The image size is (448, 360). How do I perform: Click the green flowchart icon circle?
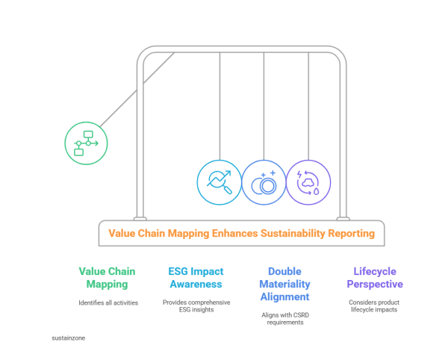(86, 142)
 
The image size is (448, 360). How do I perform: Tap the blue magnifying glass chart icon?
(219, 182)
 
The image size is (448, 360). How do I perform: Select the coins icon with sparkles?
(264, 182)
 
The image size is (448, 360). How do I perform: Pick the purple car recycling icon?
(308, 182)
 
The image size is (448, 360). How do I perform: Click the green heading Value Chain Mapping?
(108, 278)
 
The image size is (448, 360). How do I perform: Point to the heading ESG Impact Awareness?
(196, 278)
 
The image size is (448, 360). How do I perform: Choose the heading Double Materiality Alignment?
(284, 284)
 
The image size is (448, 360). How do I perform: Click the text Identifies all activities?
(108, 302)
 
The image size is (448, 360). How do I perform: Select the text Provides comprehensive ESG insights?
(196, 306)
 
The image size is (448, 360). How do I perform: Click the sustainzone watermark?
(68, 337)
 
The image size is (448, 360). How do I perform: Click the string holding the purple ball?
(308, 105)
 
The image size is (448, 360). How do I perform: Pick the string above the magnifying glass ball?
(219, 105)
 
